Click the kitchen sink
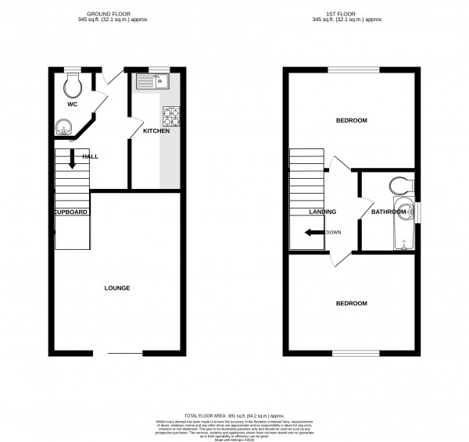(x=152, y=80)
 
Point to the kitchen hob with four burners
(x=171, y=116)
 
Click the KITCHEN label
(x=156, y=131)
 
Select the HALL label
(x=91, y=157)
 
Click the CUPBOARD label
(x=70, y=212)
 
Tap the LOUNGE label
(x=117, y=288)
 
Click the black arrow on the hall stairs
(x=72, y=159)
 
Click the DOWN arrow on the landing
(x=313, y=232)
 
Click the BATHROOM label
(x=388, y=212)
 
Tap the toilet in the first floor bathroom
(x=399, y=185)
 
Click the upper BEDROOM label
(x=351, y=120)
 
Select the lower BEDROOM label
(x=351, y=303)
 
